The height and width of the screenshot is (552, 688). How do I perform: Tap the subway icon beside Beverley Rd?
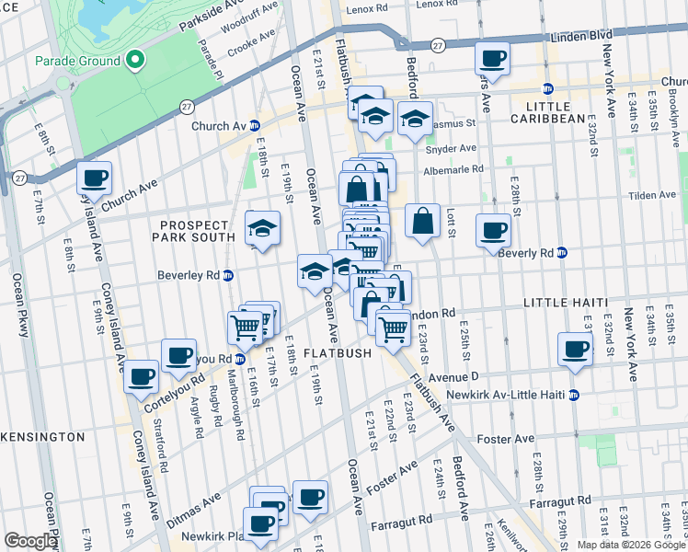point(229,275)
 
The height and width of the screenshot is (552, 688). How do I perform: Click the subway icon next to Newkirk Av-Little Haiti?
point(574,396)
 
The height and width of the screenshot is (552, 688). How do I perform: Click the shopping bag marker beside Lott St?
point(422,221)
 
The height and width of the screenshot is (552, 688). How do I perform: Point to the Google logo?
point(31,542)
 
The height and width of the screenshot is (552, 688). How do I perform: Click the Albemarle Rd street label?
point(453,170)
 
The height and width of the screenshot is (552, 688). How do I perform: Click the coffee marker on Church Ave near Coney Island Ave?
point(94,178)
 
